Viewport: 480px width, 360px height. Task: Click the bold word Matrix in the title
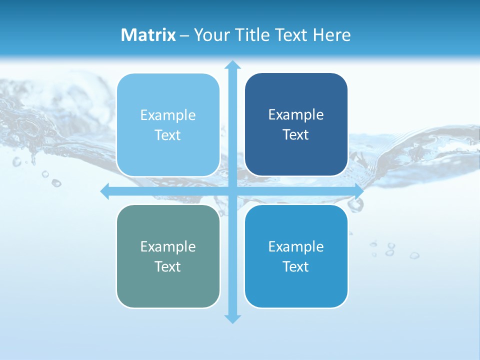click(148, 35)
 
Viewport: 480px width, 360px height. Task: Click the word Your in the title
click(211, 35)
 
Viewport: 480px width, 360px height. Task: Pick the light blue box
click(168, 125)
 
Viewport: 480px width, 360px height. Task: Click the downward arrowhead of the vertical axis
click(231, 318)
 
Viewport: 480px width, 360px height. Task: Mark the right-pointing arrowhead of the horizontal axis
click(358, 191)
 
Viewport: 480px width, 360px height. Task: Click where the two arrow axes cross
click(231, 191)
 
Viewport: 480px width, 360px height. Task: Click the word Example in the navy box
click(296, 115)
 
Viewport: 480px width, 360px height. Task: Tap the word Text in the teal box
click(167, 266)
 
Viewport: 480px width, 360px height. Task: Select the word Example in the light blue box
click(168, 115)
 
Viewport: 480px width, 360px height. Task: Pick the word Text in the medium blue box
click(295, 266)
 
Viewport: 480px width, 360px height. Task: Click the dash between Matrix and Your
click(184, 35)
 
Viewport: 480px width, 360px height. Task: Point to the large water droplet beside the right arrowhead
click(355, 204)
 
